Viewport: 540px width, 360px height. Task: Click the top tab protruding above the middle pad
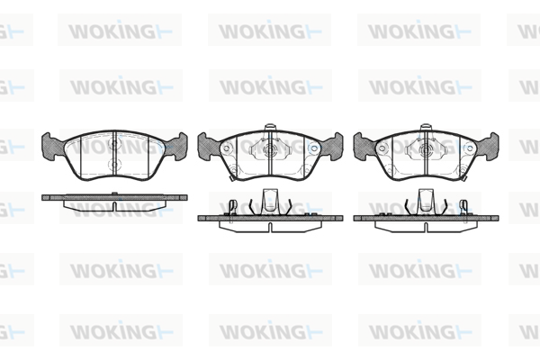270,128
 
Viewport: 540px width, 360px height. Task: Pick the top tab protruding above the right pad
426,128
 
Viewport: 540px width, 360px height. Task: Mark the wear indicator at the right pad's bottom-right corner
464,178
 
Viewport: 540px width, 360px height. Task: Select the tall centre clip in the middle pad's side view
270,201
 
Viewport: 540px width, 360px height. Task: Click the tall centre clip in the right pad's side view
426,201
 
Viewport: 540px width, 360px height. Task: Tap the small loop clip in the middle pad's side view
233,207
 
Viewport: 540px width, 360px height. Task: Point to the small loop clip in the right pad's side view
463,207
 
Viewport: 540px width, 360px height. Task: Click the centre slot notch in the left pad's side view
114,206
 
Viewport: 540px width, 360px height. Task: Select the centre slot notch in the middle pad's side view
270,227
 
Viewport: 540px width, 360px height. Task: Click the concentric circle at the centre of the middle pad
270,149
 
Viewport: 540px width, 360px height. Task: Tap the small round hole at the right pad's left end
382,148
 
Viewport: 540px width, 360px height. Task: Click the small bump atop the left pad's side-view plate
114,193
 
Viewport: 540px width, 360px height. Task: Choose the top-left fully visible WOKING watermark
120,31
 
